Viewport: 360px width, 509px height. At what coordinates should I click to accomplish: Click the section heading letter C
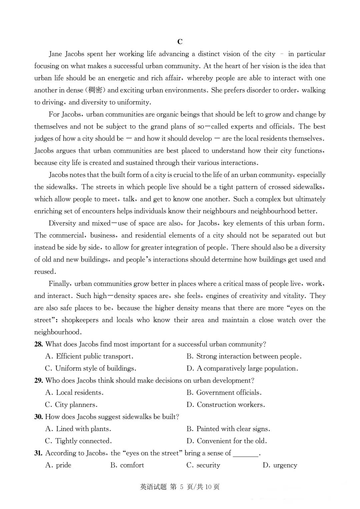[180, 42]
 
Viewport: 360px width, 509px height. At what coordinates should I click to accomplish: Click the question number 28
[38, 344]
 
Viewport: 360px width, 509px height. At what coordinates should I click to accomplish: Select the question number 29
[38, 381]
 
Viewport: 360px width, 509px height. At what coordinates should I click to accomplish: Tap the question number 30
[38, 417]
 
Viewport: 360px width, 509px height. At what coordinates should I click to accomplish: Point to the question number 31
[38, 453]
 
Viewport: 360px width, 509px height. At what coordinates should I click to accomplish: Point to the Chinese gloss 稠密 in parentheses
[95, 90]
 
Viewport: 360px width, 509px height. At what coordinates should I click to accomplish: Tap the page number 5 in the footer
[182, 487]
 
